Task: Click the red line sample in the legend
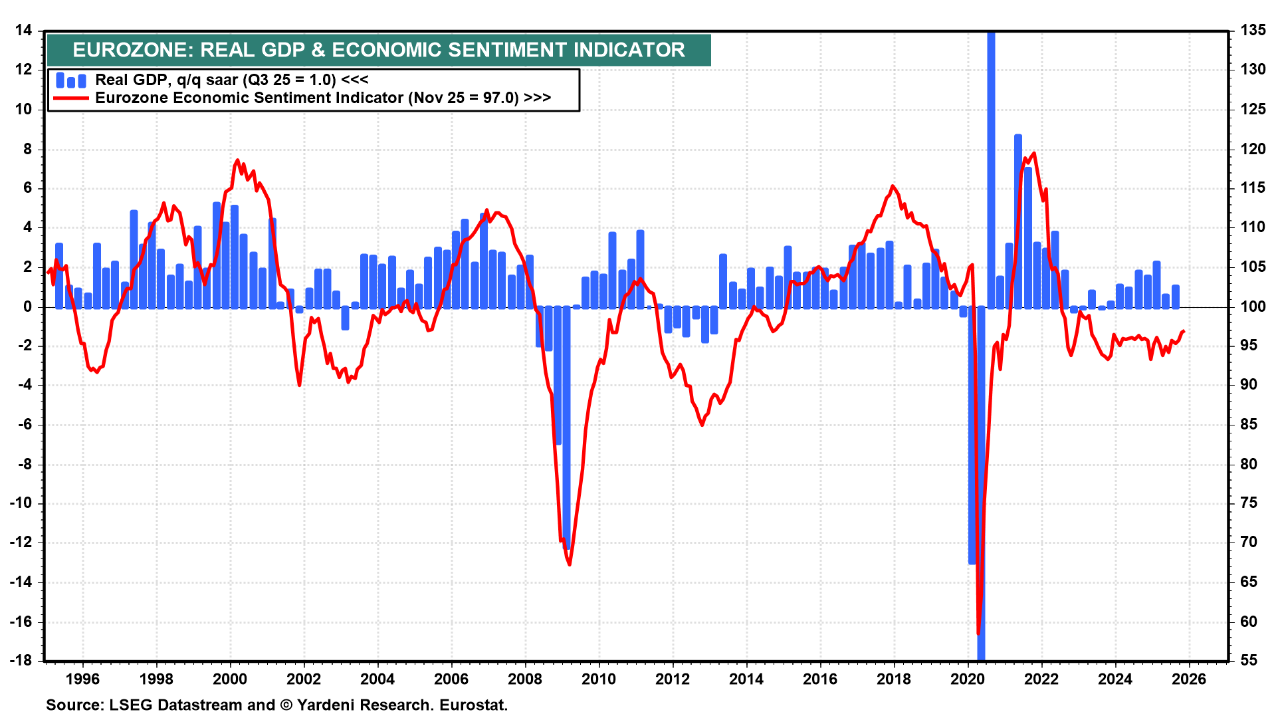pos(70,98)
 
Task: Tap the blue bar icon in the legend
pos(70,80)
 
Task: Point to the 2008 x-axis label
pos(525,679)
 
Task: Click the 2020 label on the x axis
pos(967,679)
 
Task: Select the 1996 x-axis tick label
pos(83,679)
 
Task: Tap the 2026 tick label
pos(1188,679)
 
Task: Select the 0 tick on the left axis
pos(27,306)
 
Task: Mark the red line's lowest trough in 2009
pos(570,564)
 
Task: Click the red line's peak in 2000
pos(237,160)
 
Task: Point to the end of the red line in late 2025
pos(1184,331)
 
